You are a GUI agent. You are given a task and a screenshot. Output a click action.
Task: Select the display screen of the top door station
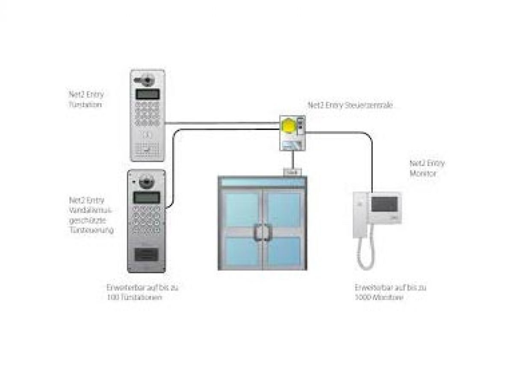pos(147,94)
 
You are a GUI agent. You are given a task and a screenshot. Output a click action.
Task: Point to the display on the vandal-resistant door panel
pos(147,197)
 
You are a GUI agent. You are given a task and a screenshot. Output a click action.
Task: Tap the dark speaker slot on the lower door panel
pos(147,254)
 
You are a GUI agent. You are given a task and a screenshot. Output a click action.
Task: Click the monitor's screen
pos(384,204)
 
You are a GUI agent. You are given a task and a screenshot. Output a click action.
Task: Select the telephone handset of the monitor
pos(360,214)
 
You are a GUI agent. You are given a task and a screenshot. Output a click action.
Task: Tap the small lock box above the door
pos(292,172)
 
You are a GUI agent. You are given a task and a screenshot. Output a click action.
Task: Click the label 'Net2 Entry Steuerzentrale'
pos(350,105)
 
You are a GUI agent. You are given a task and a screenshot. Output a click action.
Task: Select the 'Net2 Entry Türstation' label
pos(86,99)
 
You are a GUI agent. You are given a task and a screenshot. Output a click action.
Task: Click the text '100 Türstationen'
pos(134,297)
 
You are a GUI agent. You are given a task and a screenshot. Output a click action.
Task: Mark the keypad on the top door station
pos(147,113)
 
